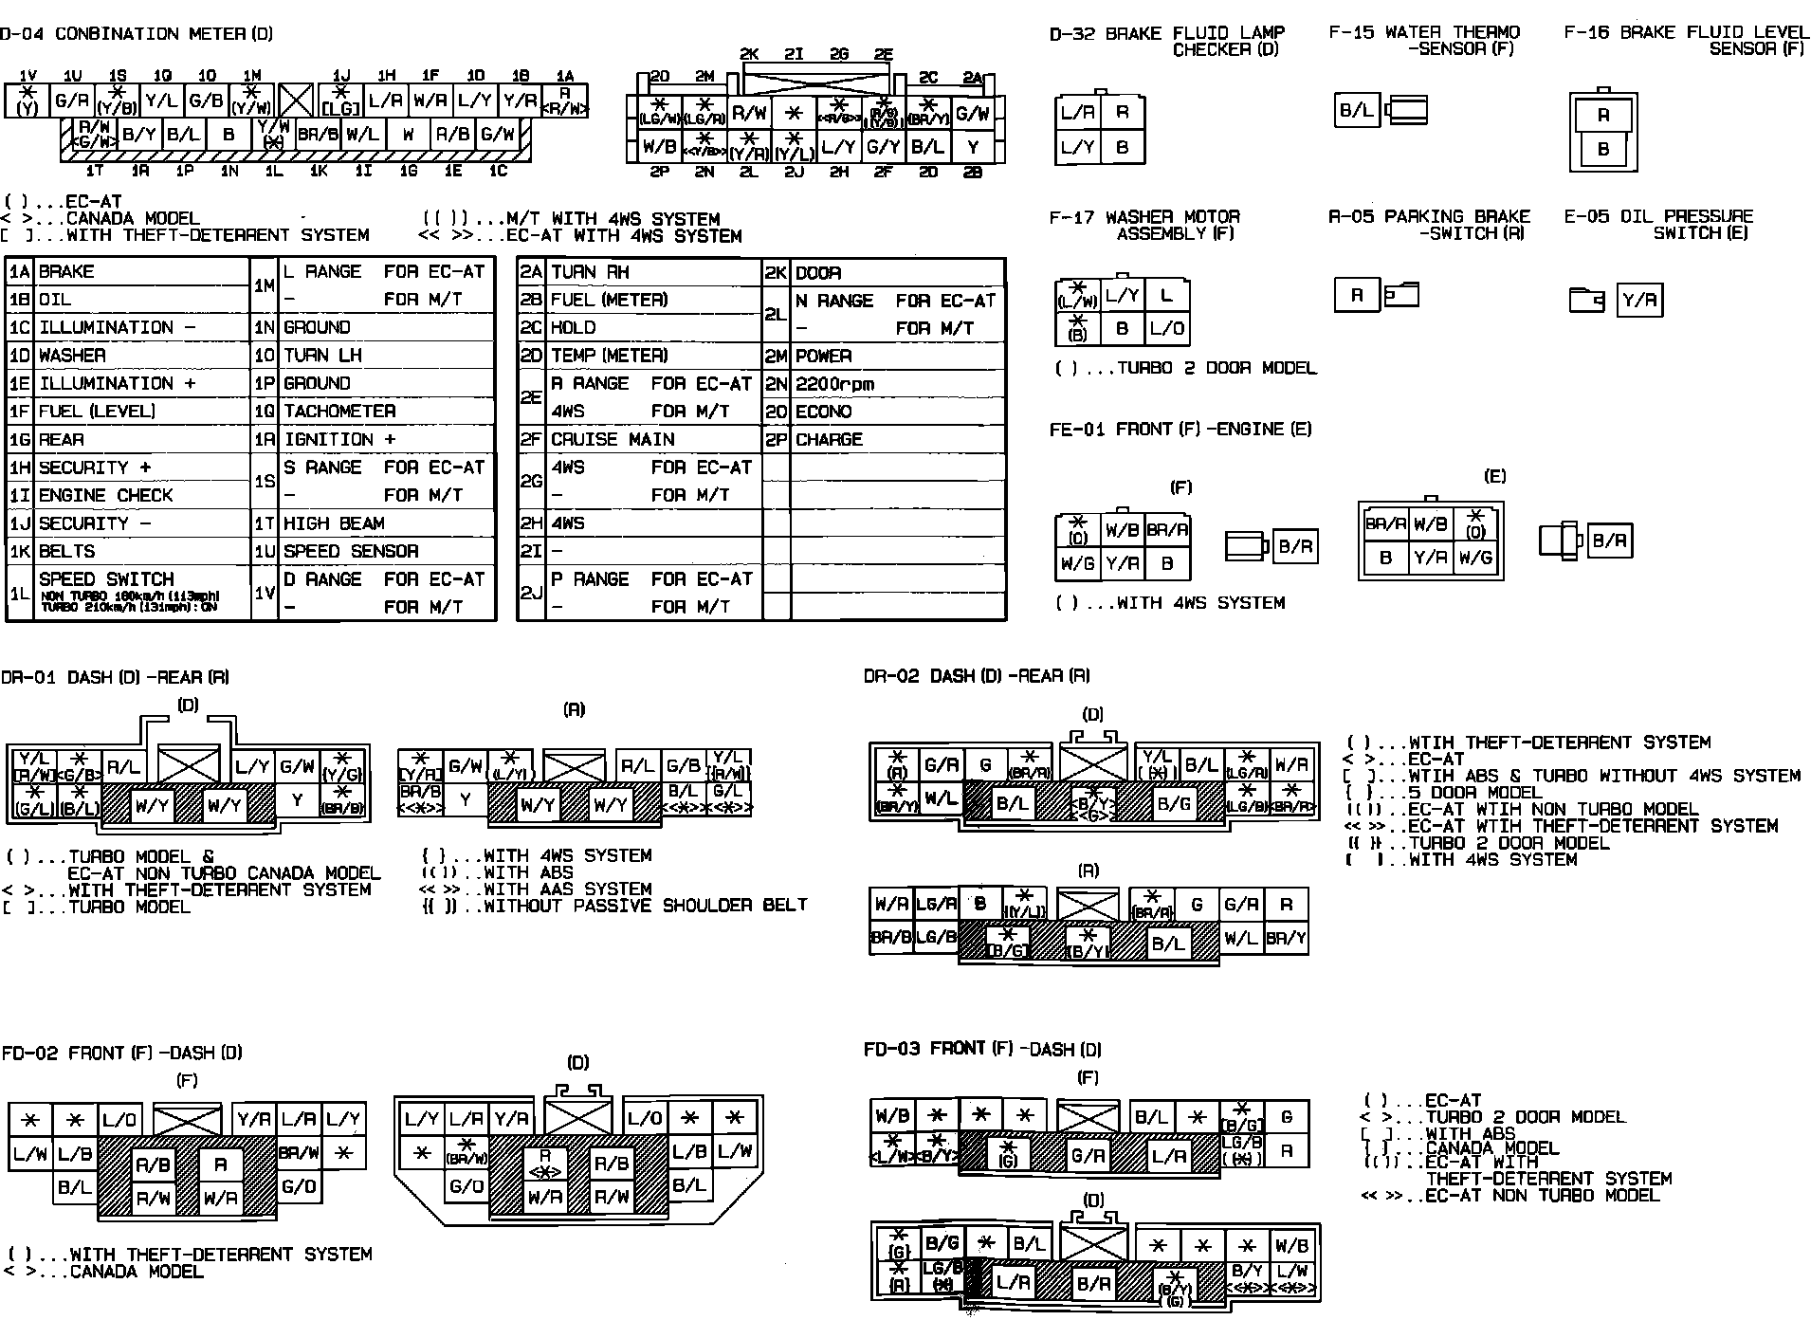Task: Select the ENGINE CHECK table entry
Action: tap(105, 496)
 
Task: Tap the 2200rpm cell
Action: tap(834, 384)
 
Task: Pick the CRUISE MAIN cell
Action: tap(613, 440)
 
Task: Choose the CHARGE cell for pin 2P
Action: tap(829, 440)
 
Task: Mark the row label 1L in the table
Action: tap(20, 594)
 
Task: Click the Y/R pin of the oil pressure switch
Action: tap(1639, 301)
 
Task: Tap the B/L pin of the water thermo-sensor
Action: tap(1356, 111)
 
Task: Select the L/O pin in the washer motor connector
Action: tap(1166, 330)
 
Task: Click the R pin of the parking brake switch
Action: tap(1356, 296)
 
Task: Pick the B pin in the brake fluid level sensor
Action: tap(1603, 149)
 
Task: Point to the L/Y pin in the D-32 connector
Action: tap(1077, 147)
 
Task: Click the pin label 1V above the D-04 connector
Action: tap(27, 76)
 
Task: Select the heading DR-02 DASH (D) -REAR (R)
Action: tap(977, 676)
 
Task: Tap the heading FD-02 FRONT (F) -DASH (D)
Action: tap(121, 1053)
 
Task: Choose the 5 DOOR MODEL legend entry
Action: tap(1475, 793)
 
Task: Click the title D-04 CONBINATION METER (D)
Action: tap(137, 34)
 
